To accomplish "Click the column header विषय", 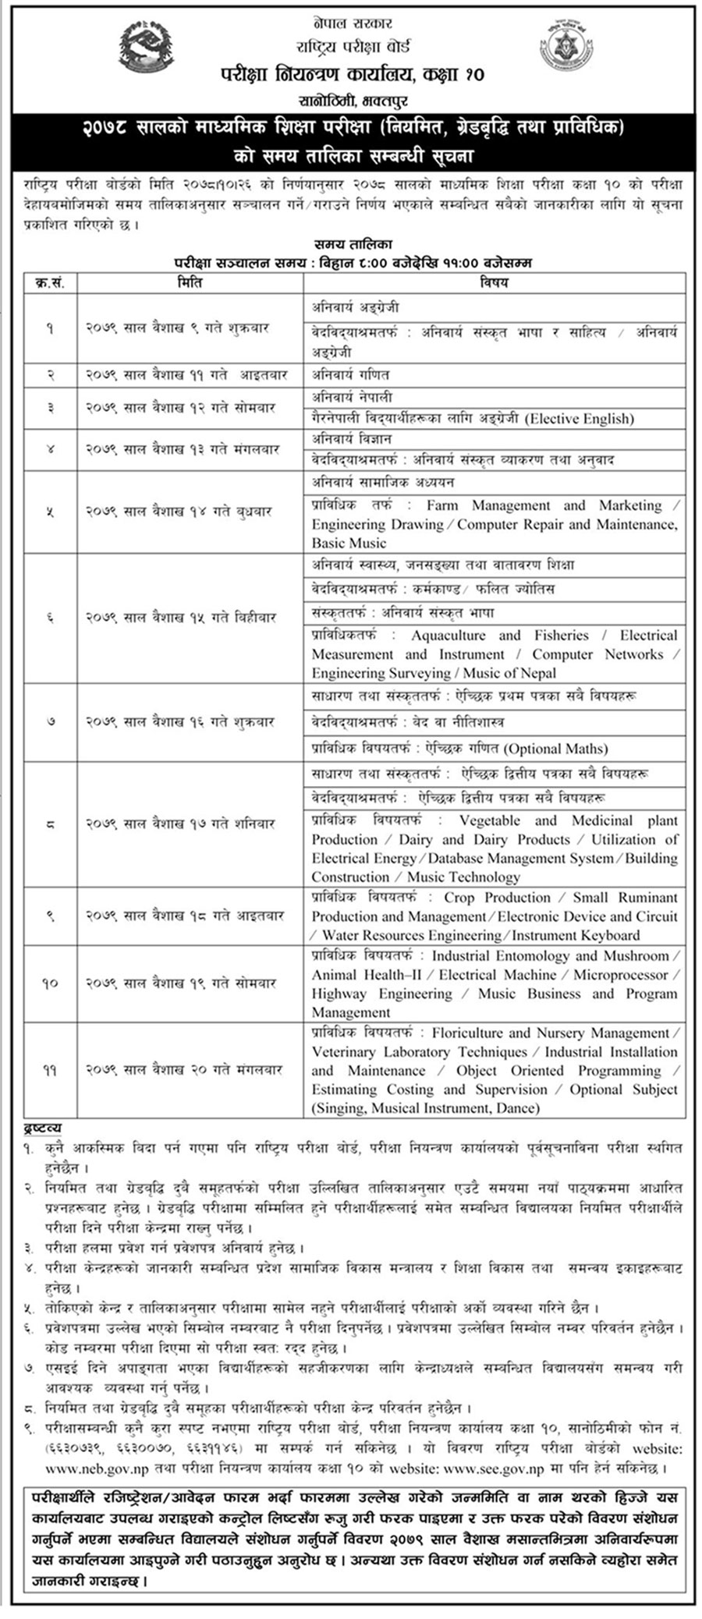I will tap(494, 282).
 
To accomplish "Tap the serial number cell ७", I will tap(50, 722).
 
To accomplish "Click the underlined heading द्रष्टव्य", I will tap(42, 1128).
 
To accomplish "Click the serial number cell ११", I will tap(50, 1070).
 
